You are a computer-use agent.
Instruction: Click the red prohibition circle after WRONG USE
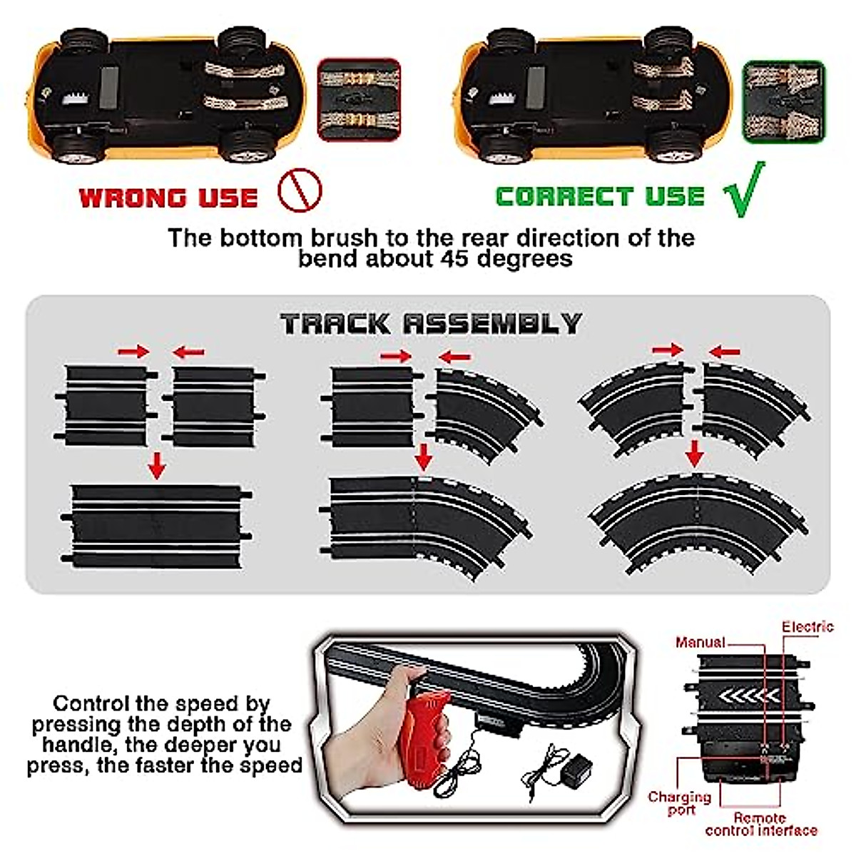[300, 190]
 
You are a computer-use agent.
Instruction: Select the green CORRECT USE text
[600, 197]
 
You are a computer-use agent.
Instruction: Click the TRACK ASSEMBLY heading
[431, 324]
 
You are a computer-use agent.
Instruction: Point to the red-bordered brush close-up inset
[359, 100]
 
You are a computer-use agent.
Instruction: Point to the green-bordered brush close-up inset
[784, 101]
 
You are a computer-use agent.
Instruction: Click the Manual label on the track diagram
[700, 643]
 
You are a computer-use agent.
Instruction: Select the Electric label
[807, 627]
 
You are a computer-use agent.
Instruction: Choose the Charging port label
[679, 802]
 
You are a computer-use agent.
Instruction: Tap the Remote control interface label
[761, 824]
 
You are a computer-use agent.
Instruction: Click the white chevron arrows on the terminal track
[748, 695]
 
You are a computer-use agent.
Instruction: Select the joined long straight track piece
[157, 526]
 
